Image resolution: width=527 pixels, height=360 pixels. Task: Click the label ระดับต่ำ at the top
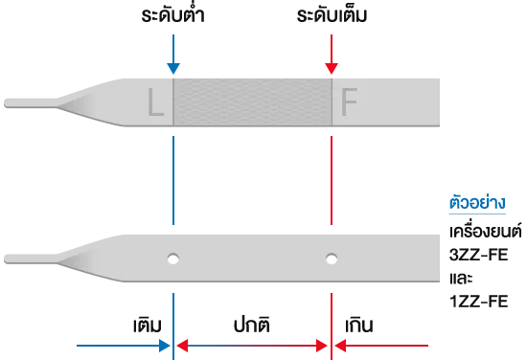click(172, 14)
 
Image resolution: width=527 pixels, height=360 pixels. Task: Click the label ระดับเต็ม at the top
click(332, 15)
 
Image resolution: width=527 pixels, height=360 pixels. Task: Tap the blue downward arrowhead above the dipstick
click(173, 68)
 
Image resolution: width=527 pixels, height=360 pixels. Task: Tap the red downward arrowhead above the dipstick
click(332, 68)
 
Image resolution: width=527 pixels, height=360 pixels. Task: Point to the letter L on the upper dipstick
click(155, 102)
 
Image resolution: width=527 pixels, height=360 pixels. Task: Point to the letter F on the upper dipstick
click(349, 102)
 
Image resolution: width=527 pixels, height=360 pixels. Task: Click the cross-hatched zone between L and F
click(252, 102)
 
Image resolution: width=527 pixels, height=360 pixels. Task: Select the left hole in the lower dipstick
click(173, 259)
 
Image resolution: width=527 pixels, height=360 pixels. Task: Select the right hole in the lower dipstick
click(332, 259)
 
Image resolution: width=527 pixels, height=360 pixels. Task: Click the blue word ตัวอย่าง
click(477, 202)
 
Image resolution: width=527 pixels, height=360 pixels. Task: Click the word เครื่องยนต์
click(486, 231)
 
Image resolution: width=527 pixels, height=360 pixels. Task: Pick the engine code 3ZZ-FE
click(478, 255)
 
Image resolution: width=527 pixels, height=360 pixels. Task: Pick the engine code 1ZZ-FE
click(478, 302)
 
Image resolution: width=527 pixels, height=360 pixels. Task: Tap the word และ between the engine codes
click(461, 279)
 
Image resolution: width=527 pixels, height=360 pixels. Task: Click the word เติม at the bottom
click(148, 325)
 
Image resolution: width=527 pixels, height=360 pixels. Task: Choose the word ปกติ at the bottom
click(252, 325)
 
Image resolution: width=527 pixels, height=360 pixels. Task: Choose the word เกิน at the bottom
click(359, 325)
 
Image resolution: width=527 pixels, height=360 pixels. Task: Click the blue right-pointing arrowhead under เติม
click(165, 346)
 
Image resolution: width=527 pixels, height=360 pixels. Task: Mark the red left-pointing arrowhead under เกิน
click(340, 346)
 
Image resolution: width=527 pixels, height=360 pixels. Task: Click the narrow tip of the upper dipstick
click(5, 103)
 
